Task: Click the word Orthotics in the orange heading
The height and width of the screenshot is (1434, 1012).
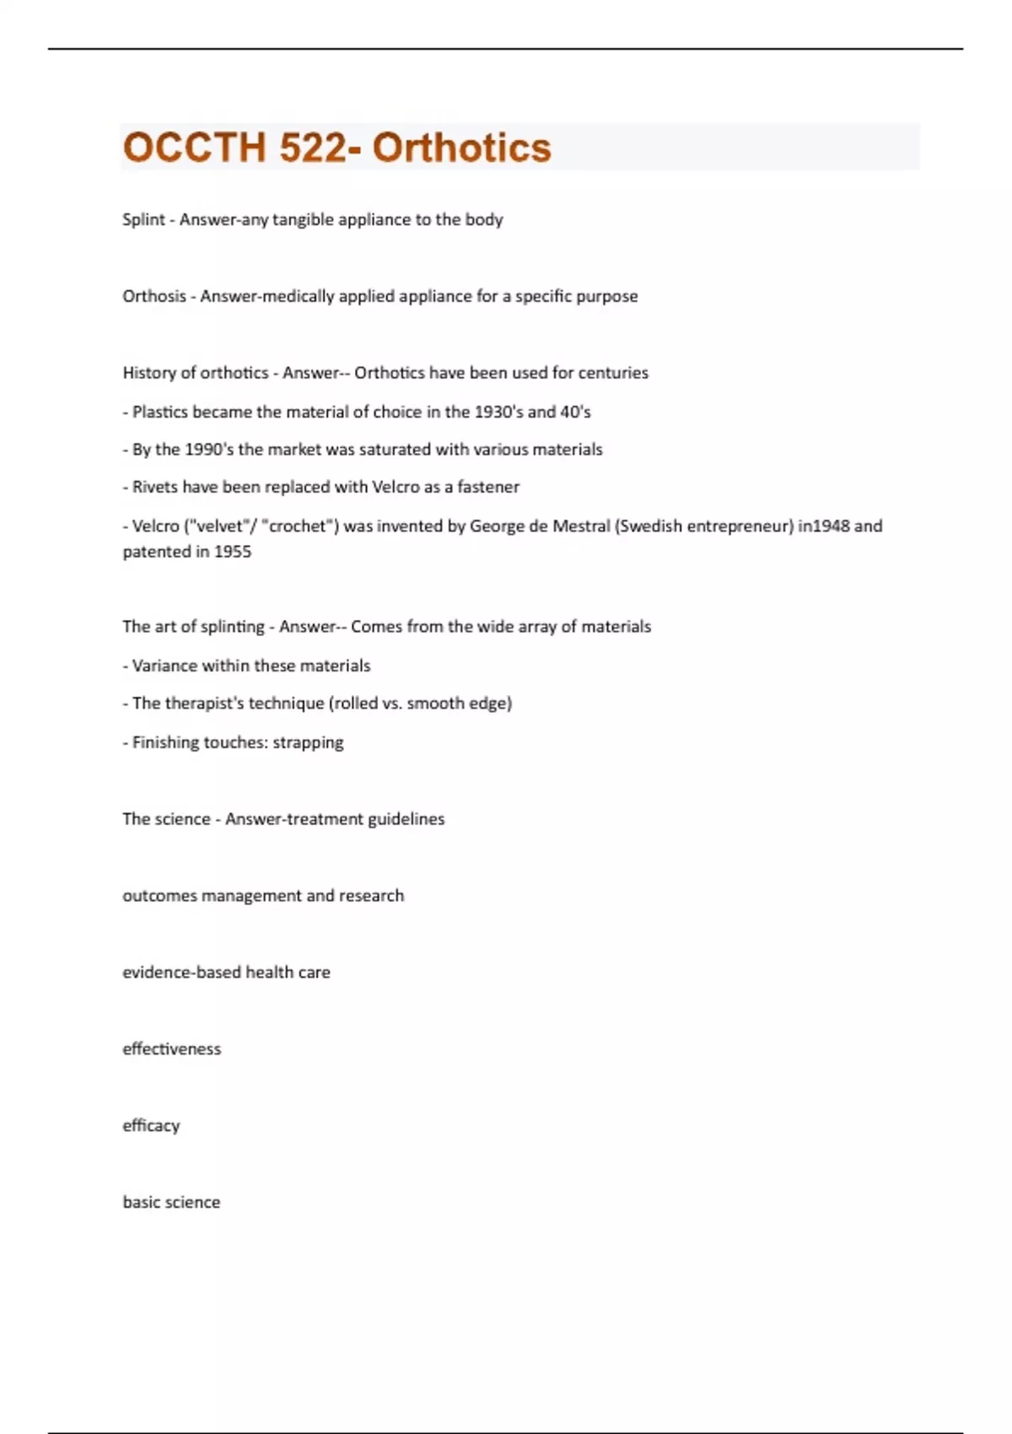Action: pyautogui.click(x=461, y=148)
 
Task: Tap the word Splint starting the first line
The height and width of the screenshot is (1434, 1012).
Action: pyautogui.click(x=143, y=219)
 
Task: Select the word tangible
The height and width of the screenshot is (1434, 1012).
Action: pyautogui.click(x=303, y=219)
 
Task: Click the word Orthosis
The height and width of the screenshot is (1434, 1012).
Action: pyautogui.click(x=154, y=296)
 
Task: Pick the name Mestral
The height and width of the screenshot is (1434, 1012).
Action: pyautogui.click(x=581, y=526)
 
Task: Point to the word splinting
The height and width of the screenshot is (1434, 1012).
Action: pyautogui.click(x=233, y=627)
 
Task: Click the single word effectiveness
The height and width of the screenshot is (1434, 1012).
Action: pyautogui.click(x=172, y=1049)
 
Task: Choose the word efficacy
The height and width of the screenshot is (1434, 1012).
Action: pyautogui.click(x=152, y=1125)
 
